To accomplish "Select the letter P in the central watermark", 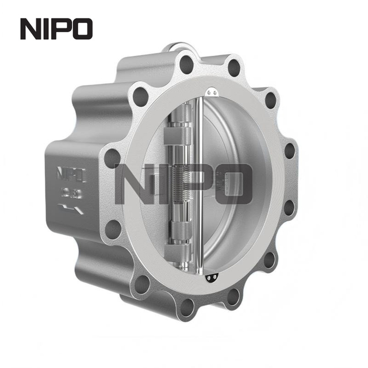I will (x=198, y=185).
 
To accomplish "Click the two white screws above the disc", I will (x=211, y=92).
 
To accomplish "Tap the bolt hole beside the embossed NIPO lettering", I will (x=113, y=158).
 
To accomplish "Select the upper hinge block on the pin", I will (x=173, y=137).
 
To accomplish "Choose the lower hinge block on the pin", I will (x=173, y=254).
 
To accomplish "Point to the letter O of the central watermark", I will (x=233, y=185).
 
